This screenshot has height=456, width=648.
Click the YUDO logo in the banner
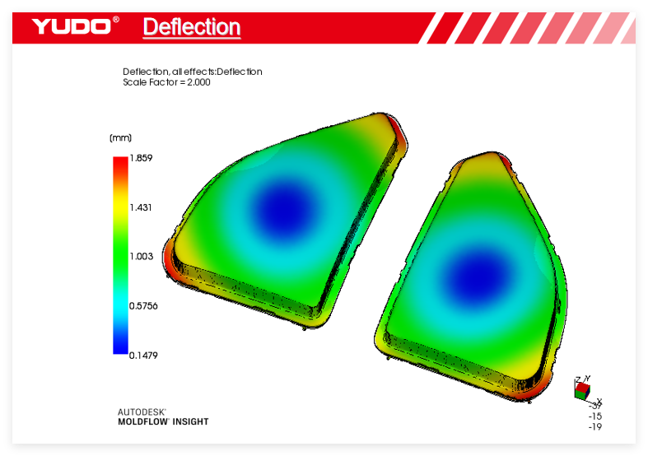pyautogui.click(x=75, y=26)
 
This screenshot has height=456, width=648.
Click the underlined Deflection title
pyautogui.click(x=192, y=27)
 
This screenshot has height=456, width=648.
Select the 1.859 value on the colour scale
pyautogui.click(x=141, y=158)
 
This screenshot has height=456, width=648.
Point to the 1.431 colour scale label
pyautogui.click(x=141, y=207)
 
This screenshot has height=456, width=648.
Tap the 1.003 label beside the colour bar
pyautogui.click(x=142, y=257)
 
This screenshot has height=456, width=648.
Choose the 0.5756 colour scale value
pyautogui.click(x=143, y=306)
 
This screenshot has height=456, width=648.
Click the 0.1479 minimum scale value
pyautogui.click(x=143, y=356)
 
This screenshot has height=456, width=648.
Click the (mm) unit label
pyautogui.click(x=121, y=137)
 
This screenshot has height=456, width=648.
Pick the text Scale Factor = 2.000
pyautogui.click(x=166, y=82)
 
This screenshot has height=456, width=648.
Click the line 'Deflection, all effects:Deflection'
pyautogui.click(x=193, y=72)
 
